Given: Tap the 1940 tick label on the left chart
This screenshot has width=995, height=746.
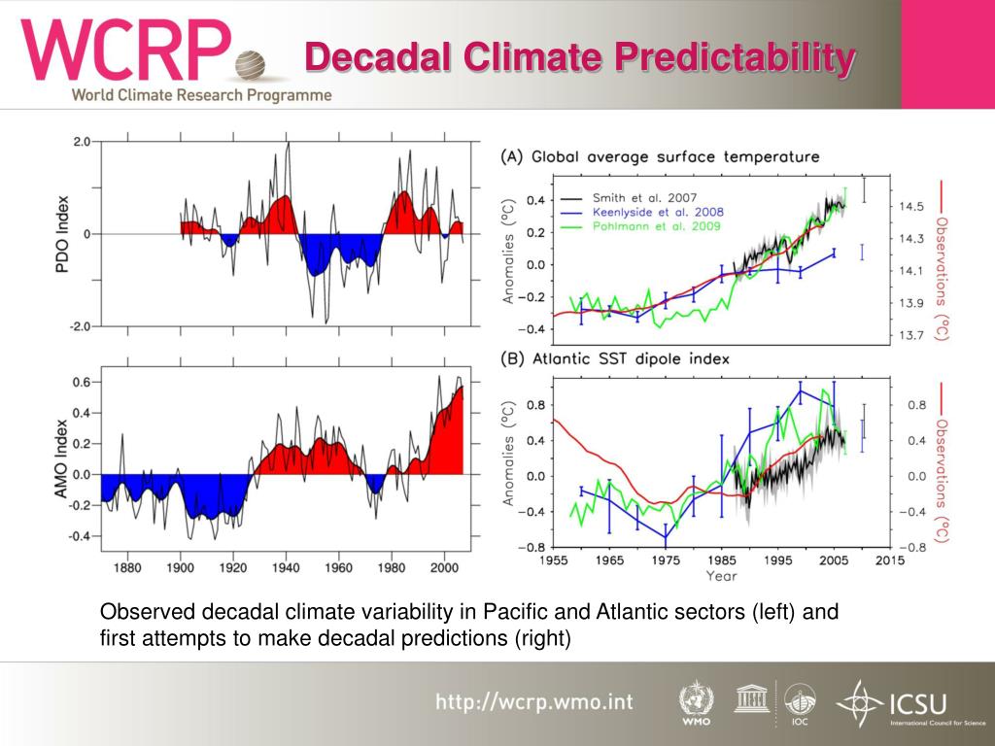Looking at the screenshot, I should (286, 567).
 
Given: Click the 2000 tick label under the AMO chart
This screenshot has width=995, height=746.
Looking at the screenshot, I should (444, 567).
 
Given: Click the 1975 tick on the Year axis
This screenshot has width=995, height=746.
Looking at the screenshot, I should (666, 560).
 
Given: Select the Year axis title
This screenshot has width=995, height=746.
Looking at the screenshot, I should (721, 576).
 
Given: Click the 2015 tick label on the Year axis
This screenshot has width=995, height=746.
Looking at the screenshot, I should (888, 560).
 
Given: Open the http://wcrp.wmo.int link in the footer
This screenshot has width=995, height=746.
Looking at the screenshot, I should (532, 701).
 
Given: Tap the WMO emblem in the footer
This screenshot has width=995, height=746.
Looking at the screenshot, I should (696, 699).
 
